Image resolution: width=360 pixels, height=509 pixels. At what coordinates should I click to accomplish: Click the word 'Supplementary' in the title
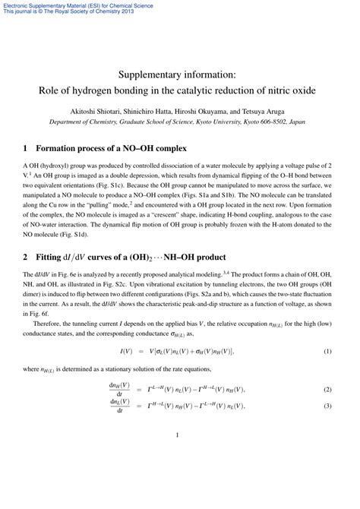coord(150,74)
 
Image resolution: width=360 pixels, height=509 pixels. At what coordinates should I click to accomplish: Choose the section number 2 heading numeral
coord(27,253)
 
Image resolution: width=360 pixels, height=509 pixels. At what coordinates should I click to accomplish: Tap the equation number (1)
coord(328,330)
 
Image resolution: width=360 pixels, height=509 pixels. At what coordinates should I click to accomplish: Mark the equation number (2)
coord(328,368)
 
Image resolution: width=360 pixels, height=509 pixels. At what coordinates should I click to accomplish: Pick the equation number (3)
coord(328,384)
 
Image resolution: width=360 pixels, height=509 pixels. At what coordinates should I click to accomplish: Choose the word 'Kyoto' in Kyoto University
coord(210,121)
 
